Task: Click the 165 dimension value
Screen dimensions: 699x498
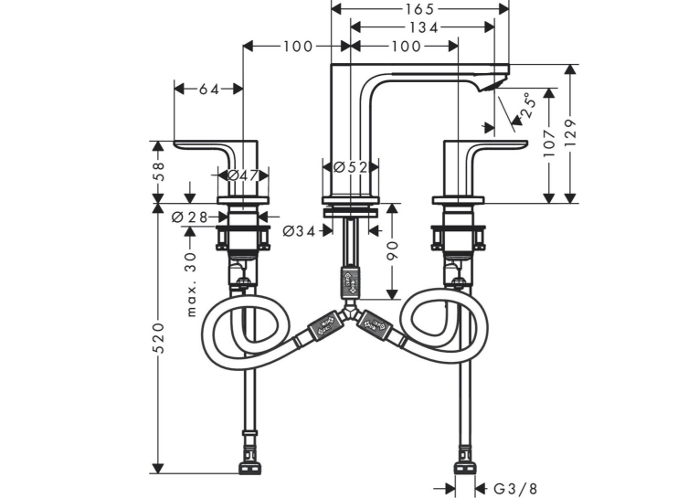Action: tap(419, 9)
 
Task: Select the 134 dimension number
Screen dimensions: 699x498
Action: tap(423, 27)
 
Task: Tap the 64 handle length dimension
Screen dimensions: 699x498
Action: tap(208, 90)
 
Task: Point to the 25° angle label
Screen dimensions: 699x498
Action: tap(527, 105)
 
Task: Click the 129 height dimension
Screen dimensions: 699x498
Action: tap(571, 132)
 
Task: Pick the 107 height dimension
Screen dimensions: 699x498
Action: tap(549, 143)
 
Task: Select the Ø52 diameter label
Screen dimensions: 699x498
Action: tap(350, 167)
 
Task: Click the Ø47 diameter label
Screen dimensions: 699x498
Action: tap(243, 175)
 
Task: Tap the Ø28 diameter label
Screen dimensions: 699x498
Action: tap(190, 217)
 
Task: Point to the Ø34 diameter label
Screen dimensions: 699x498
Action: tap(300, 231)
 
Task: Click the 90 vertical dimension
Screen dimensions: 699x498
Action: tap(392, 250)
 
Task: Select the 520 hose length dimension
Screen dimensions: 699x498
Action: tap(159, 338)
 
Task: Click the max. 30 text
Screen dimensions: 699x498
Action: tap(191, 284)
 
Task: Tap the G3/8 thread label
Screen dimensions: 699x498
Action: tap(515, 489)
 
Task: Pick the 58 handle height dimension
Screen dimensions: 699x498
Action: tap(159, 171)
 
